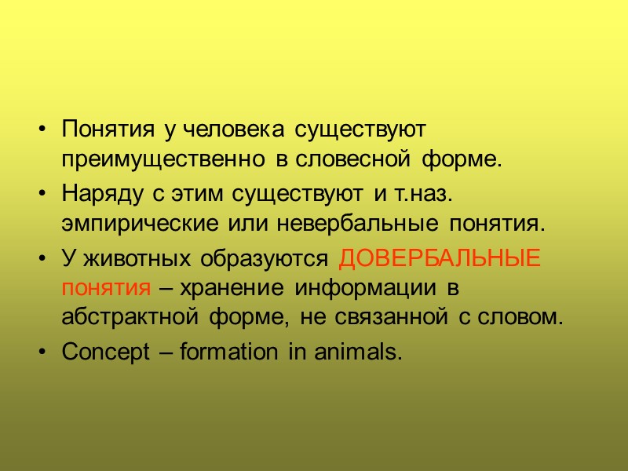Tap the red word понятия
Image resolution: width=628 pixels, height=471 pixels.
[x=105, y=287]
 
